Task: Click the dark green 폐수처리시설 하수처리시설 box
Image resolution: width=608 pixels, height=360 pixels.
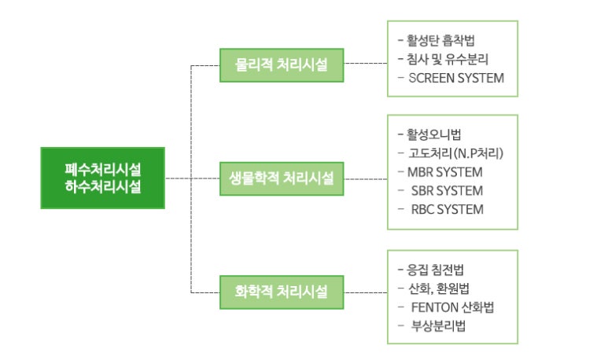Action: [x=103, y=178]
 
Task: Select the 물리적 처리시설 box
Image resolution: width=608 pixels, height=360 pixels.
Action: [x=282, y=64]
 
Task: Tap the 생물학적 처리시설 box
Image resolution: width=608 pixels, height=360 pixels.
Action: [x=282, y=178]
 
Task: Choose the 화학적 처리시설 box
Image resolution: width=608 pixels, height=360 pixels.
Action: [x=282, y=293]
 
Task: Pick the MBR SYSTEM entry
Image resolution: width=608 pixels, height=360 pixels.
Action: [x=445, y=172]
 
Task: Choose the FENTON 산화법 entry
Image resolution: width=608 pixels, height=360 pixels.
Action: [x=452, y=307]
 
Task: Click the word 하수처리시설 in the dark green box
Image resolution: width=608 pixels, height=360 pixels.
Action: [x=103, y=187]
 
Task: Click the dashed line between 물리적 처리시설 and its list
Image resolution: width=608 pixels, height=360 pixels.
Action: [x=366, y=64]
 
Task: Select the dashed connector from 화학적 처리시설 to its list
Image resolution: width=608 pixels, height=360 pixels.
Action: [x=366, y=293]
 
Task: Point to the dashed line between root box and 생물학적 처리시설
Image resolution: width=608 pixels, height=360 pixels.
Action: [x=192, y=178]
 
